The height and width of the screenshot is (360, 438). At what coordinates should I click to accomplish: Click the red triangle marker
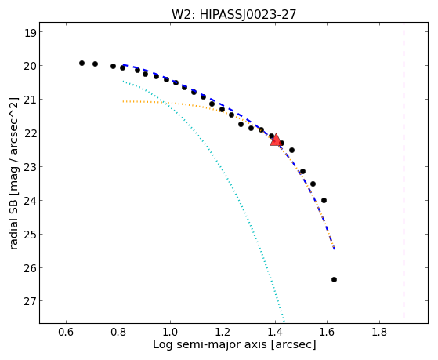click(x=276, y=140)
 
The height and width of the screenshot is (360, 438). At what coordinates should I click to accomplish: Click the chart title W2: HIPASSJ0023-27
click(x=233, y=14)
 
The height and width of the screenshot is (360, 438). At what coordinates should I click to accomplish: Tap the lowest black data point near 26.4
click(x=334, y=279)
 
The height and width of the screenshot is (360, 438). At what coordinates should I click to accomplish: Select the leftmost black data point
click(x=81, y=64)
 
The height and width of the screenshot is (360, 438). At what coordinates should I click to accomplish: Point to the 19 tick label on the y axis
click(x=30, y=33)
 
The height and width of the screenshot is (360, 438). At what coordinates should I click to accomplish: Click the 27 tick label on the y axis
click(x=30, y=301)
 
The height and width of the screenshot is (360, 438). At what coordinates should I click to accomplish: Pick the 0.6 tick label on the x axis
click(x=66, y=332)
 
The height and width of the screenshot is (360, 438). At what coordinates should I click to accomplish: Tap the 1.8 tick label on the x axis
click(x=379, y=332)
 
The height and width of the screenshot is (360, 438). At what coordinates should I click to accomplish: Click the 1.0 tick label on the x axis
click(x=170, y=332)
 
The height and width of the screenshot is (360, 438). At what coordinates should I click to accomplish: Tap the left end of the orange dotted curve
click(x=123, y=101)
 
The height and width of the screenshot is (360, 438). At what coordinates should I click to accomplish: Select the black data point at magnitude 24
click(x=324, y=200)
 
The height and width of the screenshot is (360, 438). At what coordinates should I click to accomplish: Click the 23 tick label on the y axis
click(x=30, y=167)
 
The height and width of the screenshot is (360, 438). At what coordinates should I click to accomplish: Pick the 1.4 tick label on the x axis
click(x=275, y=332)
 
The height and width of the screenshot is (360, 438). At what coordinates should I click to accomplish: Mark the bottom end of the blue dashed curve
click(x=335, y=249)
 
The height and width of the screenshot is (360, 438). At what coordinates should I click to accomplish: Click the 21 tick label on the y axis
click(x=30, y=100)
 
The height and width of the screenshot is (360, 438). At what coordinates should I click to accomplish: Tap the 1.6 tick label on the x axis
click(x=327, y=332)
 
